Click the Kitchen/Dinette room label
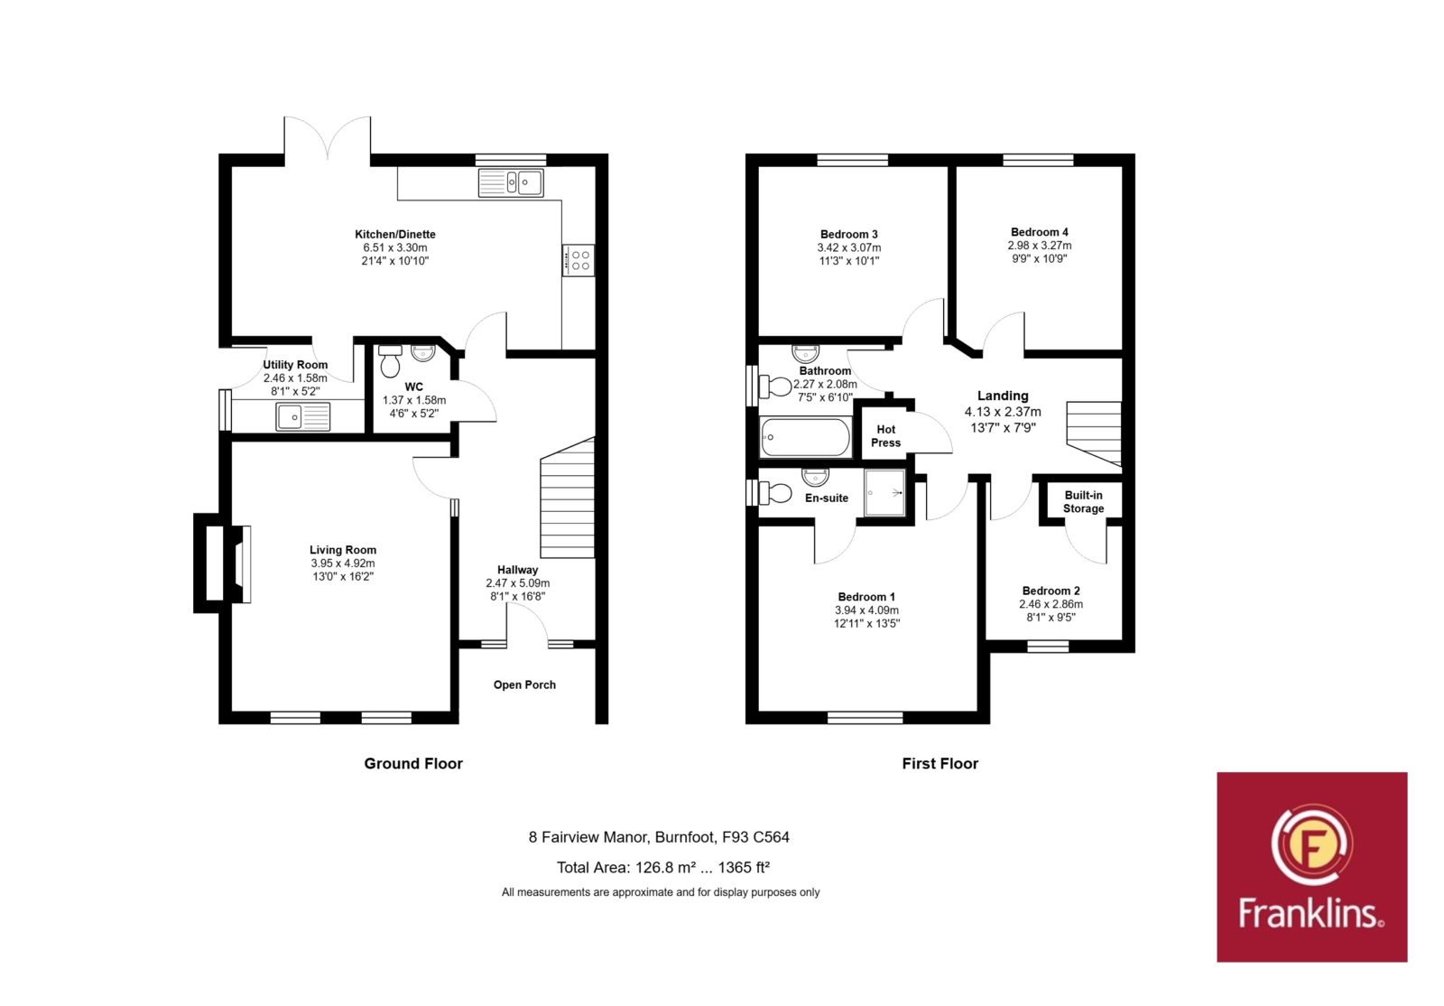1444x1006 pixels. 395,234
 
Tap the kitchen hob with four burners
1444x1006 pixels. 579,260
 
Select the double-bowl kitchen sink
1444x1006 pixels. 511,182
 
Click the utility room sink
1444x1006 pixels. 303,416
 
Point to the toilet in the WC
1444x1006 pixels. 390,361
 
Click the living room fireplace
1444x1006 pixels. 223,564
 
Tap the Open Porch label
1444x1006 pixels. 524,685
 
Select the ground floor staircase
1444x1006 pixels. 568,498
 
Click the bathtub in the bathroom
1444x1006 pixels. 805,436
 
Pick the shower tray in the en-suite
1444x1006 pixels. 885,493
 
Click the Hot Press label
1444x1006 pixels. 885,436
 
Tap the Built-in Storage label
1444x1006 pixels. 1084,502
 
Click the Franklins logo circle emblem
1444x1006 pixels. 1312,844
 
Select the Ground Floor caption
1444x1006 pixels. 413,763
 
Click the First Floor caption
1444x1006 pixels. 940,763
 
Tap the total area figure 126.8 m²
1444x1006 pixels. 665,867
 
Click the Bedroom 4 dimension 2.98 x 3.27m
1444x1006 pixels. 1040,246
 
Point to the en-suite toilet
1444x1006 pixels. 774,493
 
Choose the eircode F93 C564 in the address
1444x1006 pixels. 755,837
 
